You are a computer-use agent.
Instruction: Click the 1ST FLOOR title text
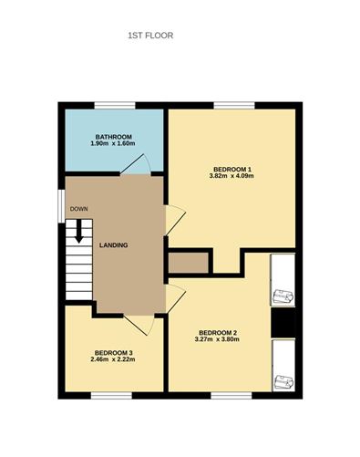click(150, 36)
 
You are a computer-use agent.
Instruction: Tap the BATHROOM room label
click(112, 137)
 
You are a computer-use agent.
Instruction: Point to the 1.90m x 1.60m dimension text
click(112, 144)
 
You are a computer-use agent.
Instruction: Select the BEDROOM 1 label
click(231, 169)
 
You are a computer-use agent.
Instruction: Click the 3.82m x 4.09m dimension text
click(231, 176)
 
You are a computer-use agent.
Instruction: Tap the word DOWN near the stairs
click(79, 210)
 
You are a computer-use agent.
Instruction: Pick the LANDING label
click(113, 245)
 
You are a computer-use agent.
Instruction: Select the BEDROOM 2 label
click(217, 332)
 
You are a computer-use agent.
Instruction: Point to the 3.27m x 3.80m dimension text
click(217, 339)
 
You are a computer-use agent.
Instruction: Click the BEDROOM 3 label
click(113, 353)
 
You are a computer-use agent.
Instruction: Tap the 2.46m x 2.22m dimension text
click(113, 360)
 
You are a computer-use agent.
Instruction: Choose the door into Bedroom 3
click(138, 325)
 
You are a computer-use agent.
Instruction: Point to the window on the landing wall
click(61, 203)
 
